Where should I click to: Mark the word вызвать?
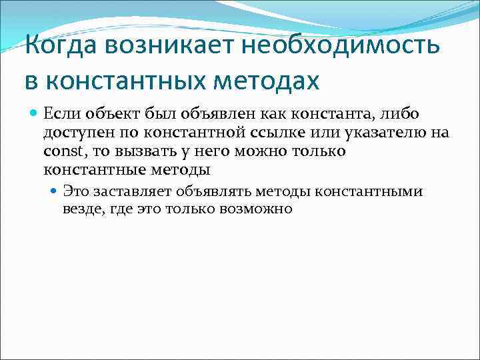(137, 151)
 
